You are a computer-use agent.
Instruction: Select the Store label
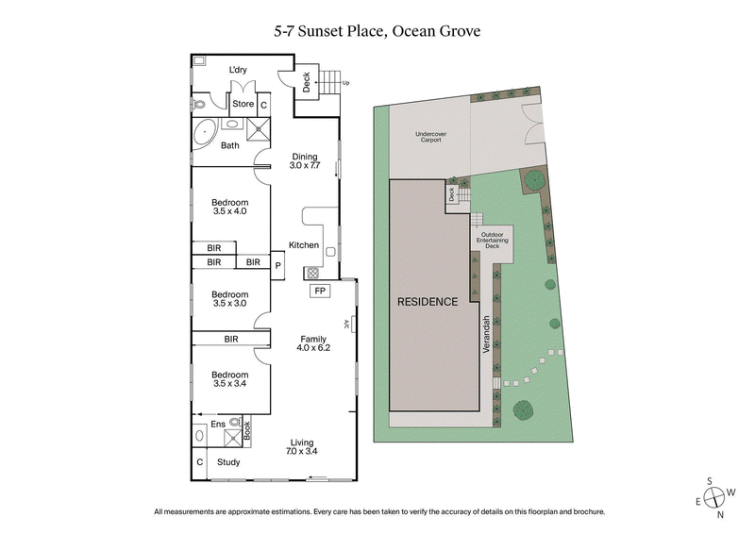[x=243, y=104]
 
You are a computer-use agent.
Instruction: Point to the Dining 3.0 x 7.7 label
[x=305, y=162]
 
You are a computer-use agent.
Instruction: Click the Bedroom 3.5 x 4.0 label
[x=229, y=208]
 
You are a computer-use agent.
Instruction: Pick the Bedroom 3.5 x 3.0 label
[x=229, y=299]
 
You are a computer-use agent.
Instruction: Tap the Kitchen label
[x=304, y=245]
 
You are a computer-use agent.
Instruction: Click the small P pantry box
[x=278, y=266]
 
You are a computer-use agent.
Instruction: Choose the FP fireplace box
[x=320, y=291]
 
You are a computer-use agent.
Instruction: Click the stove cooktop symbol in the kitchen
[x=311, y=274]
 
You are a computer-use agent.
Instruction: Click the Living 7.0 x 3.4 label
[x=302, y=448]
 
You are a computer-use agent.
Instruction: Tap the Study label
[x=228, y=462]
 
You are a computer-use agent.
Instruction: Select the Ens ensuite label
[x=217, y=425]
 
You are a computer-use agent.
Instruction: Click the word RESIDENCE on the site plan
[x=427, y=302]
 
